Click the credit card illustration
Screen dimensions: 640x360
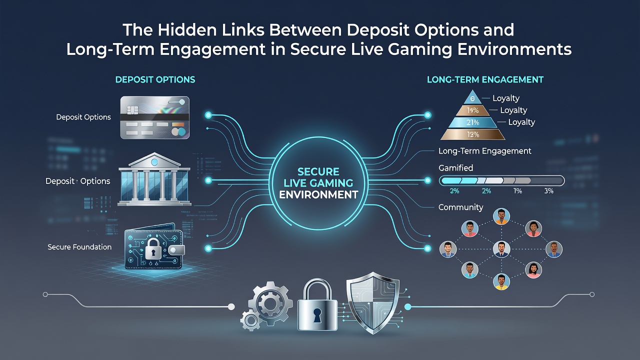click(154, 117)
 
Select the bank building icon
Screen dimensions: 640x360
click(154, 179)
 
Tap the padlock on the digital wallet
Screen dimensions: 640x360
click(152, 249)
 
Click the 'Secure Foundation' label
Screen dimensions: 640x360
click(79, 247)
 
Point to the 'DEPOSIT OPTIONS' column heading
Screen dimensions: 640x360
click(155, 79)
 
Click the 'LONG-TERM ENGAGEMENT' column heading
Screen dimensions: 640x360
click(485, 79)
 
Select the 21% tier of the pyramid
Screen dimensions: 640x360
click(472, 122)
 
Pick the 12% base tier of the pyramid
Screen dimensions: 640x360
click(473, 134)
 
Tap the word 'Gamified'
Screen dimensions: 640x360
click(455, 167)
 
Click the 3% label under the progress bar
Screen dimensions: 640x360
click(549, 191)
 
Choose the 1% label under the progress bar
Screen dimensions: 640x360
click(517, 191)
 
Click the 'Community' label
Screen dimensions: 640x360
click(460, 207)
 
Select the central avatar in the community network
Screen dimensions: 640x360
click(501, 249)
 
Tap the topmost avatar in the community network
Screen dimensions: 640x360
click(501, 216)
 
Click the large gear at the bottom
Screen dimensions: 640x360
click(270, 303)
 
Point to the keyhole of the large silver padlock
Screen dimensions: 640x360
click(317, 315)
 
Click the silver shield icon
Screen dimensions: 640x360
click(373, 303)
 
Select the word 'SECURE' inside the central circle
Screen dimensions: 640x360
click(318, 171)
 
